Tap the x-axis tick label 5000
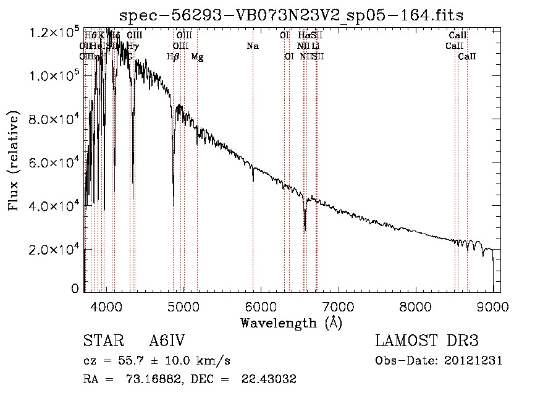click(183, 306)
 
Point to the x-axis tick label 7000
click(338, 306)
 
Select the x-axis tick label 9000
click(492, 306)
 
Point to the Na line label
click(252, 46)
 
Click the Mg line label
click(197, 57)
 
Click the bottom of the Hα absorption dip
click(305, 230)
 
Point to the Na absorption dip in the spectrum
click(253, 180)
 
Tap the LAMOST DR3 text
click(427, 341)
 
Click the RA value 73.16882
click(144, 379)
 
